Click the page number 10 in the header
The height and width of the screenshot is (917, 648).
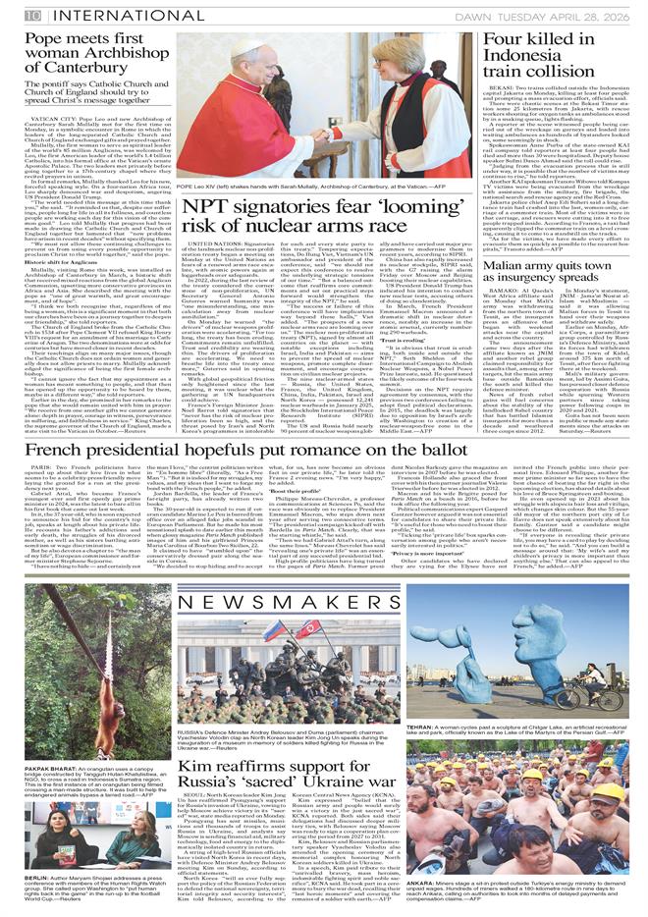[x=33, y=16]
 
